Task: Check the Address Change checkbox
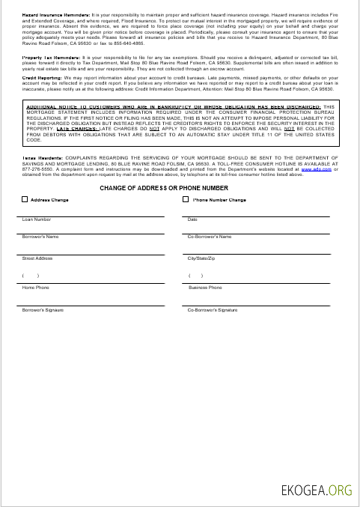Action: pyautogui.click(x=25, y=200)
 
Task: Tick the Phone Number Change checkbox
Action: pyautogui.click(x=186, y=200)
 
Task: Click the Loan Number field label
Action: pyautogui.click(x=37, y=219)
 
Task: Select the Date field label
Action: pyautogui.click(x=192, y=219)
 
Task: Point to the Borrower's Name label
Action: pyautogui.click(x=40, y=237)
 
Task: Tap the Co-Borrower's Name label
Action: pyautogui.click(x=209, y=237)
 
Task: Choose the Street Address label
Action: pyautogui.click(x=37, y=258)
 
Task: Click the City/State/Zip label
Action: pyautogui.click(x=201, y=258)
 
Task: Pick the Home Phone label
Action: pyautogui.click(x=36, y=288)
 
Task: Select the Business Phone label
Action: pyautogui.click(x=204, y=288)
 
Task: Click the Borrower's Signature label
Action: pyautogui.click(x=43, y=309)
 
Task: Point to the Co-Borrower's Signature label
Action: pyautogui.click(x=212, y=309)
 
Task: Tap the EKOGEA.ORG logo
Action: pyautogui.click(x=316, y=491)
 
